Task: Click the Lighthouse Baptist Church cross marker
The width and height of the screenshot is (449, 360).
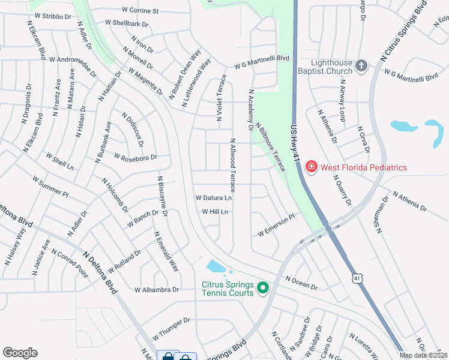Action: [x=361, y=66]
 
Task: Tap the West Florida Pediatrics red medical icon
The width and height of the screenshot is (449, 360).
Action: [x=311, y=167]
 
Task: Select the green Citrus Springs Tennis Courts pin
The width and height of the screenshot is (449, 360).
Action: [x=262, y=289]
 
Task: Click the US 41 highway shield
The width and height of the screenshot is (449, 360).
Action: [x=358, y=278]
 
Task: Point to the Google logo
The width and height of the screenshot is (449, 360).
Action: [x=20, y=353]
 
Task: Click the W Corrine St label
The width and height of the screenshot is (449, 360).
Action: [x=140, y=11]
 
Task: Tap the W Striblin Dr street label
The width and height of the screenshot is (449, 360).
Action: [x=53, y=16]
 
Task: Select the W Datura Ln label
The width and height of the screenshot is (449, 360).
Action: [x=214, y=197]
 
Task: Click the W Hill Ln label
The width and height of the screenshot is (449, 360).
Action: [x=215, y=212]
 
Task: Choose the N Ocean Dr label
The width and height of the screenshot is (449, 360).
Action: [x=301, y=283]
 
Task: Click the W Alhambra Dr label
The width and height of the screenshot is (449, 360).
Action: [x=157, y=289]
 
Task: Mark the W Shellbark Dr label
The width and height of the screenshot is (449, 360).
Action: [x=126, y=24]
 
